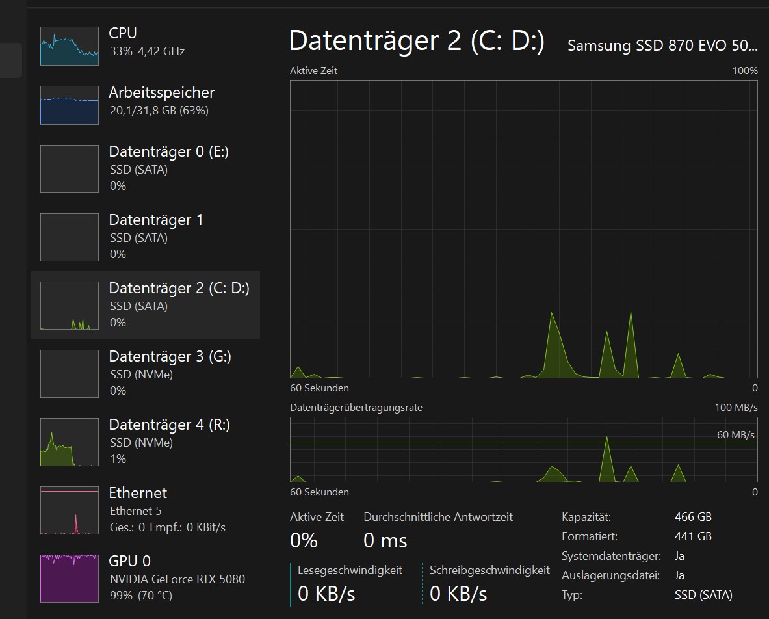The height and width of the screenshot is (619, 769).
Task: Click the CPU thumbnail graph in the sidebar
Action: point(70,46)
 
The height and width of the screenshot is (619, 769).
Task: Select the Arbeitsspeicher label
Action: point(161,92)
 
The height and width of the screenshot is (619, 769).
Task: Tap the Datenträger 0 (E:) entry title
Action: point(168,151)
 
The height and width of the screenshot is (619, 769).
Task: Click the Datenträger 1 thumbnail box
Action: point(70,237)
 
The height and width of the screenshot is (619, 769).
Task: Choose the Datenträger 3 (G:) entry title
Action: point(170,356)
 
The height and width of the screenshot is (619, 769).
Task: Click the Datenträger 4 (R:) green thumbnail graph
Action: point(70,442)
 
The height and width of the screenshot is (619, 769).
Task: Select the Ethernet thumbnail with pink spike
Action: point(70,510)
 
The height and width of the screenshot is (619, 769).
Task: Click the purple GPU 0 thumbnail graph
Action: point(70,578)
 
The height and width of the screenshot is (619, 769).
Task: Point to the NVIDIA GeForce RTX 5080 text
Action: point(177,579)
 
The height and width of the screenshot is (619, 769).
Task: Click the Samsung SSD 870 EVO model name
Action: point(662,46)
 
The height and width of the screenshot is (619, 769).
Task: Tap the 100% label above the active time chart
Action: point(745,70)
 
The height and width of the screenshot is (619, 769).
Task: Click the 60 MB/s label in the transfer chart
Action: point(735,434)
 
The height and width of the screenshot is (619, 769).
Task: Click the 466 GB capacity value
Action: point(693,517)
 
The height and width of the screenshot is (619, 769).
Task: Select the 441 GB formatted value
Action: point(693,536)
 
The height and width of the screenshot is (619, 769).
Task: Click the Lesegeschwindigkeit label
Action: point(350,570)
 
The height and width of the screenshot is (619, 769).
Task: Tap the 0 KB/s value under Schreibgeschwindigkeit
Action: point(458,593)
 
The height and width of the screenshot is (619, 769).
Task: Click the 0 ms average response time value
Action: point(385,540)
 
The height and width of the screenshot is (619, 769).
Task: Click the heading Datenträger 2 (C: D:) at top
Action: point(417,41)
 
